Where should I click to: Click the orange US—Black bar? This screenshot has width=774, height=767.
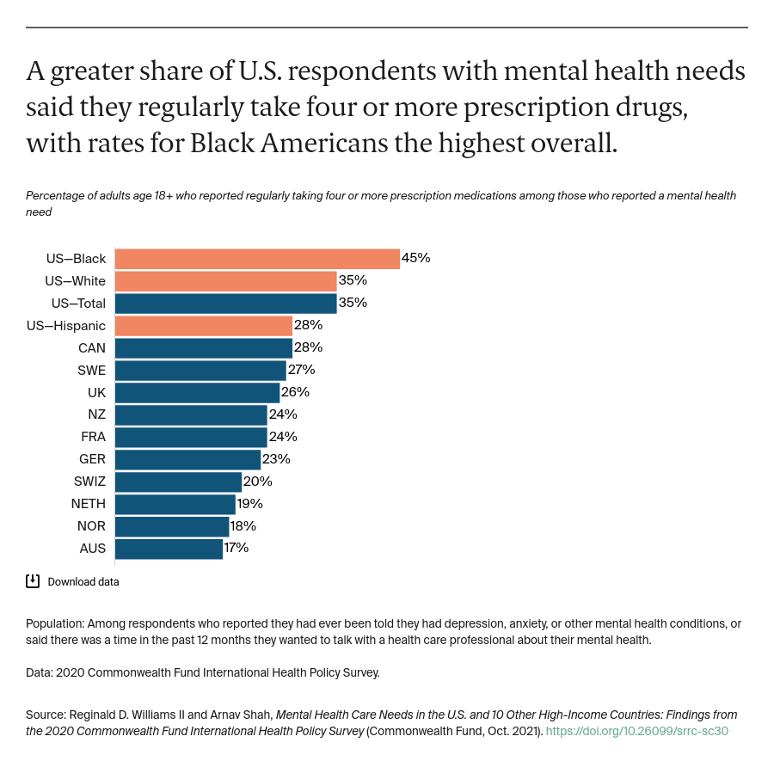(x=256, y=258)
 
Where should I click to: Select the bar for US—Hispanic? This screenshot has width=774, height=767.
(x=203, y=325)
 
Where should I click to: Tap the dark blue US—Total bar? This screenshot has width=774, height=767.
(x=225, y=303)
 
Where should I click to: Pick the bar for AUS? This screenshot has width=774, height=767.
(x=169, y=548)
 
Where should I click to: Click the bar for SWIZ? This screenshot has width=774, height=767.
(x=178, y=482)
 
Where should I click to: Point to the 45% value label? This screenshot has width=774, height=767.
(x=415, y=258)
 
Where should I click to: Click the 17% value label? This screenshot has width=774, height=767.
(x=236, y=548)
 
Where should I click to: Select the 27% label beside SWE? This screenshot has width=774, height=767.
(x=301, y=370)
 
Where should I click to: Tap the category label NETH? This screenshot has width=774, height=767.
(x=88, y=504)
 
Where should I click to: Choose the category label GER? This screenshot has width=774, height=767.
(x=92, y=459)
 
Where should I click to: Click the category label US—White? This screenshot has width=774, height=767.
(x=76, y=280)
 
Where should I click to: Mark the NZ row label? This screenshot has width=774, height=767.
(x=96, y=414)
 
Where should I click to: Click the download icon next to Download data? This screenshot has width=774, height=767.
(x=33, y=581)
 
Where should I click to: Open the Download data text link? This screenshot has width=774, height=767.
(x=83, y=582)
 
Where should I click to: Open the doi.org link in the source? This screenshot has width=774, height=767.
(x=637, y=732)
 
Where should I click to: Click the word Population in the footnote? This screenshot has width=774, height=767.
(x=55, y=623)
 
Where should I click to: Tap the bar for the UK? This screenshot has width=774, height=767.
(x=197, y=392)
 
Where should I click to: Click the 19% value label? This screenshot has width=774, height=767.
(x=249, y=504)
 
